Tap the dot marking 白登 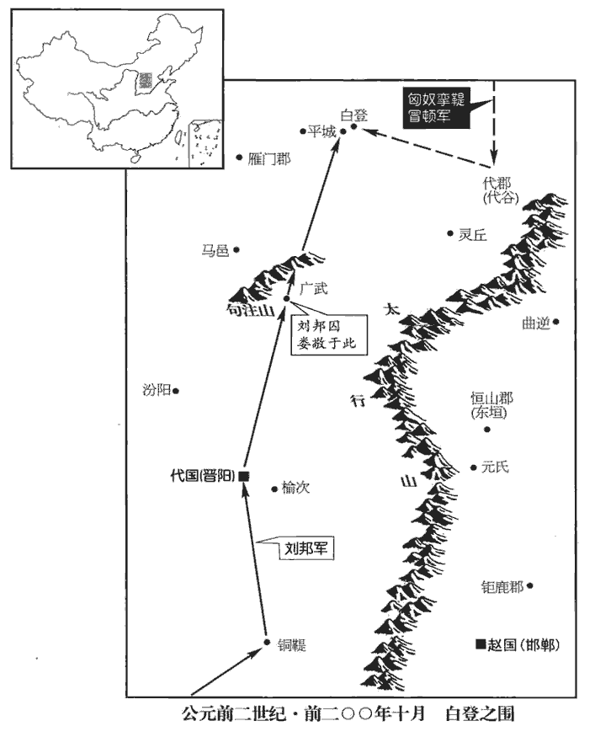pos(355,127)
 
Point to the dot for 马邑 pos(236,249)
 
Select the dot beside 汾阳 pos(176,390)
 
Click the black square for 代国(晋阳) pos(243,477)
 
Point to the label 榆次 pos(296,488)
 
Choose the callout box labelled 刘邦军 pos(306,548)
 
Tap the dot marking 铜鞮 pos(267,643)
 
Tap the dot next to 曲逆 pos(555,321)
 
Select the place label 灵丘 pos(473,235)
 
